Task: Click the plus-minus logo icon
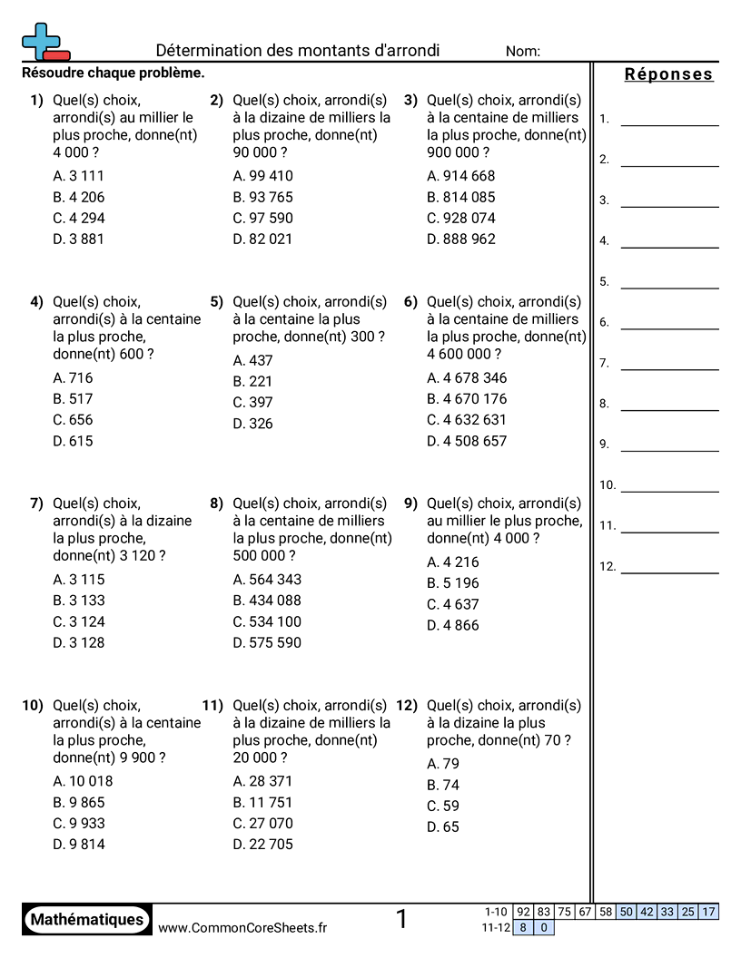tap(44, 43)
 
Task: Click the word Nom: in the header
tap(523, 52)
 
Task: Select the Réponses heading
tap(669, 74)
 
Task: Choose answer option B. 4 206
tap(79, 197)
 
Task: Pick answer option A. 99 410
tap(263, 176)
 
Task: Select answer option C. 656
tap(74, 420)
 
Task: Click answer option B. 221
tap(252, 381)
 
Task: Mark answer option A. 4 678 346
tap(467, 377)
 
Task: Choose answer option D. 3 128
tap(79, 642)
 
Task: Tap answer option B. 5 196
tap(453, 582)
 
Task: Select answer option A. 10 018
tap(83, 781)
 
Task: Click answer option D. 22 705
tap(263, 845)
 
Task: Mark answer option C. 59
tap(443, 806)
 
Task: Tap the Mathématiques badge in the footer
tap(87, 920)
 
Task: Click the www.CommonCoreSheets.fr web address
tap(242, 927)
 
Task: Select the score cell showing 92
tap(523, 912)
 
